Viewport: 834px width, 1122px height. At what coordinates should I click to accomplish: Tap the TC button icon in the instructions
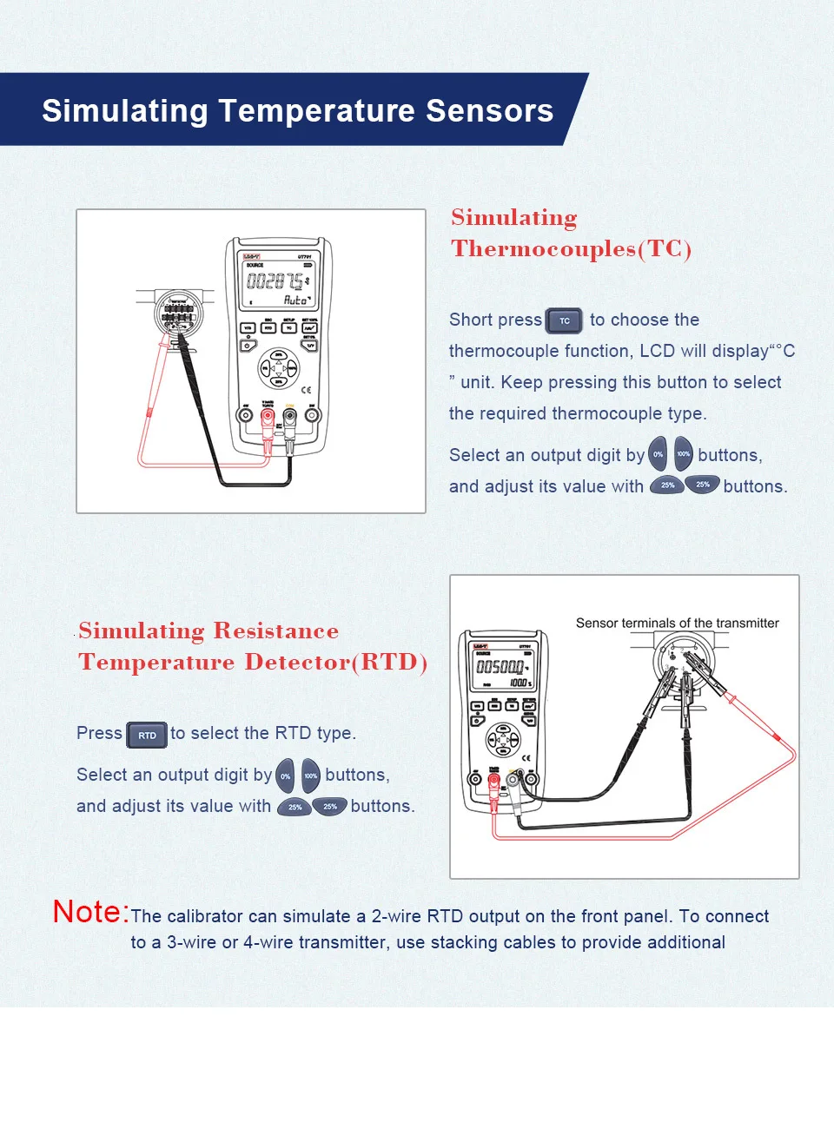pyautogui.click(x=564, y=320)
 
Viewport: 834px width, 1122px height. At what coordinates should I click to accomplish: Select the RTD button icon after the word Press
pyautogui.click(x=147, y=736)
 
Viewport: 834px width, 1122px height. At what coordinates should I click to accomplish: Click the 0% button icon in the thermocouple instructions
pyautogui.click(x=659, y=454)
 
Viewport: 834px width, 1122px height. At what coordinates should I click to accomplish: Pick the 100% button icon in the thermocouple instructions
pyautogui.click(x=684, y=454)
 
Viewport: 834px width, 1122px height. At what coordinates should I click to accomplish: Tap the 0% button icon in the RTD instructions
pyautogui.click(x=286, y=775)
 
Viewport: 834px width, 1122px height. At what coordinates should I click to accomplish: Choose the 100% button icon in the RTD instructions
pyautogui.click(x=311, y=775)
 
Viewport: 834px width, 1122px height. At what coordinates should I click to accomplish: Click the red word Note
pyautogui.click(x=90, y=912)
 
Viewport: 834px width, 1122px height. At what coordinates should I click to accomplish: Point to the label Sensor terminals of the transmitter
pyautogui.click(x=677, y=623)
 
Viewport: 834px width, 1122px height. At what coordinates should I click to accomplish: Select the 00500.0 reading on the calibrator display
pyautogui.click(x=500, y=667)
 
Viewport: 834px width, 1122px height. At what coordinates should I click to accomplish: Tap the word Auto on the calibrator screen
pyautogui.click(x=295, y=300)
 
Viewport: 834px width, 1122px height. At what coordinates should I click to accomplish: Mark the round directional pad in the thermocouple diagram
pyautogui.click(x=279, y=368)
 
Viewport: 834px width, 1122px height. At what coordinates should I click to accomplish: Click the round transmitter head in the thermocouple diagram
pyautogui.click(x=178, y=313)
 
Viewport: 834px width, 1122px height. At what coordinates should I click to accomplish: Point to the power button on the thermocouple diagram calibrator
pyautogui.click(x=248, y=346)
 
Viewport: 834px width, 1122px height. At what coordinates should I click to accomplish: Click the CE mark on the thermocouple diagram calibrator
pyautogui.click(x=306, y=390)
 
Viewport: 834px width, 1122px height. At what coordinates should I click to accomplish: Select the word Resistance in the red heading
pyautogui.click(x=275, y=630)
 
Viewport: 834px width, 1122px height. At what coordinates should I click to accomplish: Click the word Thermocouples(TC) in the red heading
pyautogui.click(x=571, y=249)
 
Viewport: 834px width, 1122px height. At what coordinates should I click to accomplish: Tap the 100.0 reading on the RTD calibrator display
pyautogui.click(x=520, y=683)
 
